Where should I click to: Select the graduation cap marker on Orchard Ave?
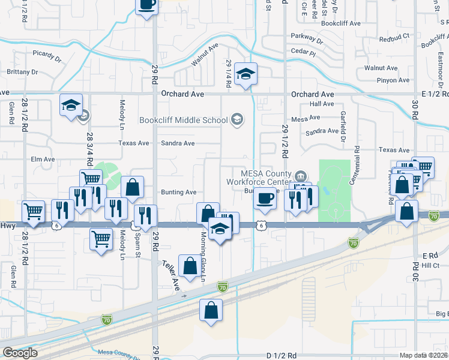pos(246,75)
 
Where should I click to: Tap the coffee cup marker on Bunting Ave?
pos(264,197)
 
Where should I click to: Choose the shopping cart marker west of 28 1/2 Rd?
pos(34,211)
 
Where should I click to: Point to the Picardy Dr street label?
pos(47,58)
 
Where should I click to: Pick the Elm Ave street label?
pos(43,160)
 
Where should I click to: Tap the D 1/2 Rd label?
pos(281,356)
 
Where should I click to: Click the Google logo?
pos(19,353)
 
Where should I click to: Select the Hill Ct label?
pos(430,265)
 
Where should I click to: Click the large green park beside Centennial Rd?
pos(334,186)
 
